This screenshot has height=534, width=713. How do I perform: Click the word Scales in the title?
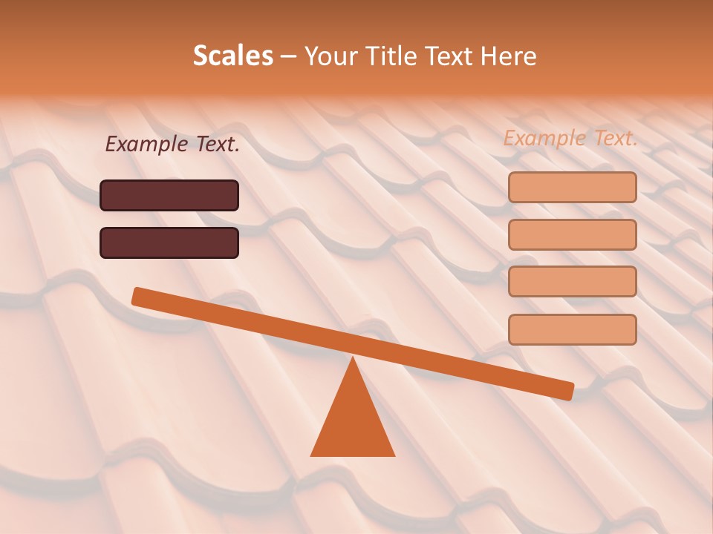[232, 56]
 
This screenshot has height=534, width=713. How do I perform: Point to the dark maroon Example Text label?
[172, 144]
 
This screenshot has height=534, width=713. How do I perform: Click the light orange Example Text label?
[570, 138]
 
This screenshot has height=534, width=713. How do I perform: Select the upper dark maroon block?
[169, 195]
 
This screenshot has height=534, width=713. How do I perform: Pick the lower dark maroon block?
[169, 243]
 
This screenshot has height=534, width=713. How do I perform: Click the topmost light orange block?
[572, 187]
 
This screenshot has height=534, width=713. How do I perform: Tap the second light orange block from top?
[572, 234]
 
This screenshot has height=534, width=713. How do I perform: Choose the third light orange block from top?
[572, 282]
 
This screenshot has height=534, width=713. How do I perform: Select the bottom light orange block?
[572, 329]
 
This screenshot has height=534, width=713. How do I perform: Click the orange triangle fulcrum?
[353, 423]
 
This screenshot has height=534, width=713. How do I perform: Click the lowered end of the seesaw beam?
[567, 391]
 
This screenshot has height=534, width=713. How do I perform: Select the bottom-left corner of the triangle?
[312, 455]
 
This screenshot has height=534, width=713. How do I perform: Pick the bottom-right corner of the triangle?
[394, 455]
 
